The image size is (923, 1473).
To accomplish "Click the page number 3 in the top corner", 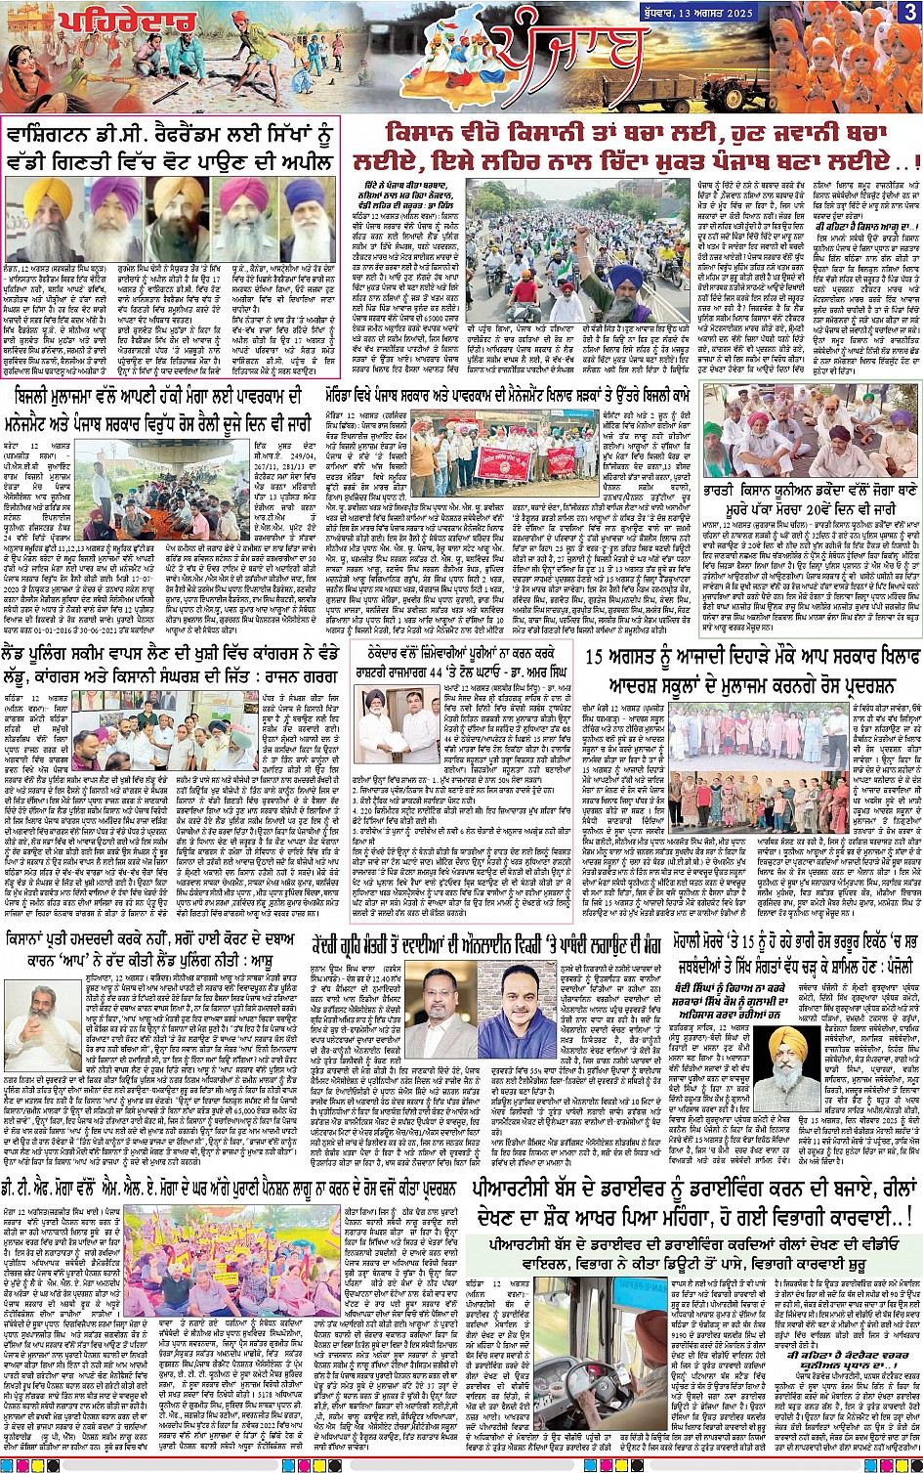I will point(909,11).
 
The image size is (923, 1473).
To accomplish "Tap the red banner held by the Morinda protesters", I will point(504,463).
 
